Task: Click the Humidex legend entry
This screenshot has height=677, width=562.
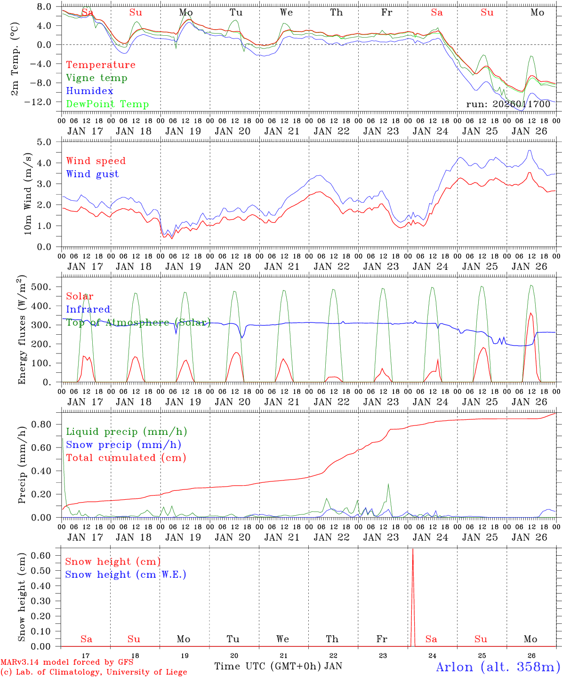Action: pos(89,91)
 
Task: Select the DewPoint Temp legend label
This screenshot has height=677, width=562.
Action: pos(107,104)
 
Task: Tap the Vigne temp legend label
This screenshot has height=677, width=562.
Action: pos(96,78)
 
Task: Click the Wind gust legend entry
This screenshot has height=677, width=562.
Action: pos(92,174)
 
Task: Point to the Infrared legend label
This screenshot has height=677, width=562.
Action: pos(88,309)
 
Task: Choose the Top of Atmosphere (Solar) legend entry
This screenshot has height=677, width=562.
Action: pos(138,323)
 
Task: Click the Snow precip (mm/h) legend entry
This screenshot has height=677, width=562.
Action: pos(124,445)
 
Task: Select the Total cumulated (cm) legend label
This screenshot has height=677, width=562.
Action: pos(126,458)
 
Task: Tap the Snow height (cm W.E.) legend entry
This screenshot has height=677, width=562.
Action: pos(126,575)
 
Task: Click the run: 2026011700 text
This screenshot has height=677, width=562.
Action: pos(508,104)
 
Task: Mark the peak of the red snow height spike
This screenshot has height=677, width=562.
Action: pos(413,549)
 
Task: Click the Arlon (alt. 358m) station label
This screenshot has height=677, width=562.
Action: pos(498,667)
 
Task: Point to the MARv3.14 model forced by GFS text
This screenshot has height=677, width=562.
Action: pos(67,662)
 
